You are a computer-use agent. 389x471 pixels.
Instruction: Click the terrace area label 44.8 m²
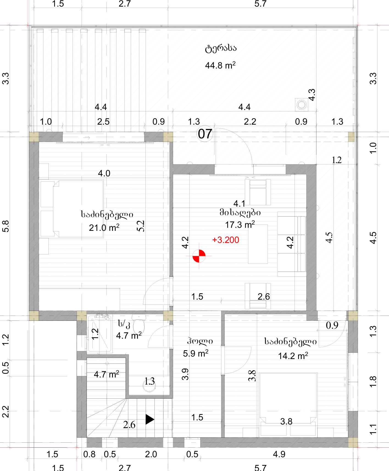[x=220, y=65]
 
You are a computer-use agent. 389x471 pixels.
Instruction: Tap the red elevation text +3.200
[x=226, y=240]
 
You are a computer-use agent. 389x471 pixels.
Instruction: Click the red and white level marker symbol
[x=199, y=256]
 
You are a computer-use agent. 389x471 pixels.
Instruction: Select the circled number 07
[x=205, y=134]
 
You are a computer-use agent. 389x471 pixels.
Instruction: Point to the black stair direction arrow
[x=150, y=419]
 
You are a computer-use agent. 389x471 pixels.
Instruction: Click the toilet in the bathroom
[x=139, y=324]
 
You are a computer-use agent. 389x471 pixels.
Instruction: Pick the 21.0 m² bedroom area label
[x=104, y=228]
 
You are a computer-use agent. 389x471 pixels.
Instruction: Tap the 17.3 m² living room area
[x=240, y=224]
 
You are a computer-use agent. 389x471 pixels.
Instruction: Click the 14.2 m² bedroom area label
[x=293, y=356]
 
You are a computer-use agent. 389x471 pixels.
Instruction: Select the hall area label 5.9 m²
[x=196, y=353]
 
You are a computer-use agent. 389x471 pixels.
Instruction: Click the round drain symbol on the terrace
[x=302, y=105]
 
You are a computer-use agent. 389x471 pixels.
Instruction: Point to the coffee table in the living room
[x=258, y=244]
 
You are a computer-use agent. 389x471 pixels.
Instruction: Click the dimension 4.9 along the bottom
[x=279, y=454]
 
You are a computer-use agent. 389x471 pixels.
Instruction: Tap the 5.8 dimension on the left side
[x=5, y=226]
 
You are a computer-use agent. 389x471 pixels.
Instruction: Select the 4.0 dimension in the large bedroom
[x=104, y=173]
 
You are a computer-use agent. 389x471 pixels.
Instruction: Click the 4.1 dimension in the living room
[x=239, y=204]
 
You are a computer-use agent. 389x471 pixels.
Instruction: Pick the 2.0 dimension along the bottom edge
[x=151, y=454]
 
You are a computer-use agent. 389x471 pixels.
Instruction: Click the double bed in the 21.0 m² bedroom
[x=72, y=209]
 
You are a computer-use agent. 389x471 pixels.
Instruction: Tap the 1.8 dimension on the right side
[x=373, y=382]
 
